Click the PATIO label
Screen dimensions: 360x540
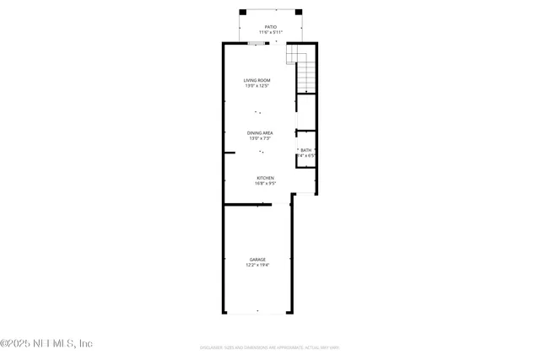click(270, 27)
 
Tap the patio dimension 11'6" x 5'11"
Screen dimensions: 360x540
click(270, 33)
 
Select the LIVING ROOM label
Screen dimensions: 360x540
click(257, 80)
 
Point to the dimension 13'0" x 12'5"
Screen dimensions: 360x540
click(257, 86)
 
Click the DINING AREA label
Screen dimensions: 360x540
click(260, 133)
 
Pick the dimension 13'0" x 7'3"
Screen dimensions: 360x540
click(260, 139)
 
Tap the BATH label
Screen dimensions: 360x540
click(305, 150)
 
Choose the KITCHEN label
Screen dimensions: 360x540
click(266, 178)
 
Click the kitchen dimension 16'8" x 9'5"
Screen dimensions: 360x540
click(266, 184)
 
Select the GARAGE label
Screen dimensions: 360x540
click(257, 259)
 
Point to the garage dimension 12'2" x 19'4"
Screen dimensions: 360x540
click(257, 265)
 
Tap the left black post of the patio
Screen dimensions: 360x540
click(243, 11)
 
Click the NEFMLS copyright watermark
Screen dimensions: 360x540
click(46, 343)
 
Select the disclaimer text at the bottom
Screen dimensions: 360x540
click(269, 347)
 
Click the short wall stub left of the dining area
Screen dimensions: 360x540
click(229, 153)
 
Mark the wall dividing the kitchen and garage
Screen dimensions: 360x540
click(246, 204)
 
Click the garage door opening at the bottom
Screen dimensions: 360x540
click(257, 314)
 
